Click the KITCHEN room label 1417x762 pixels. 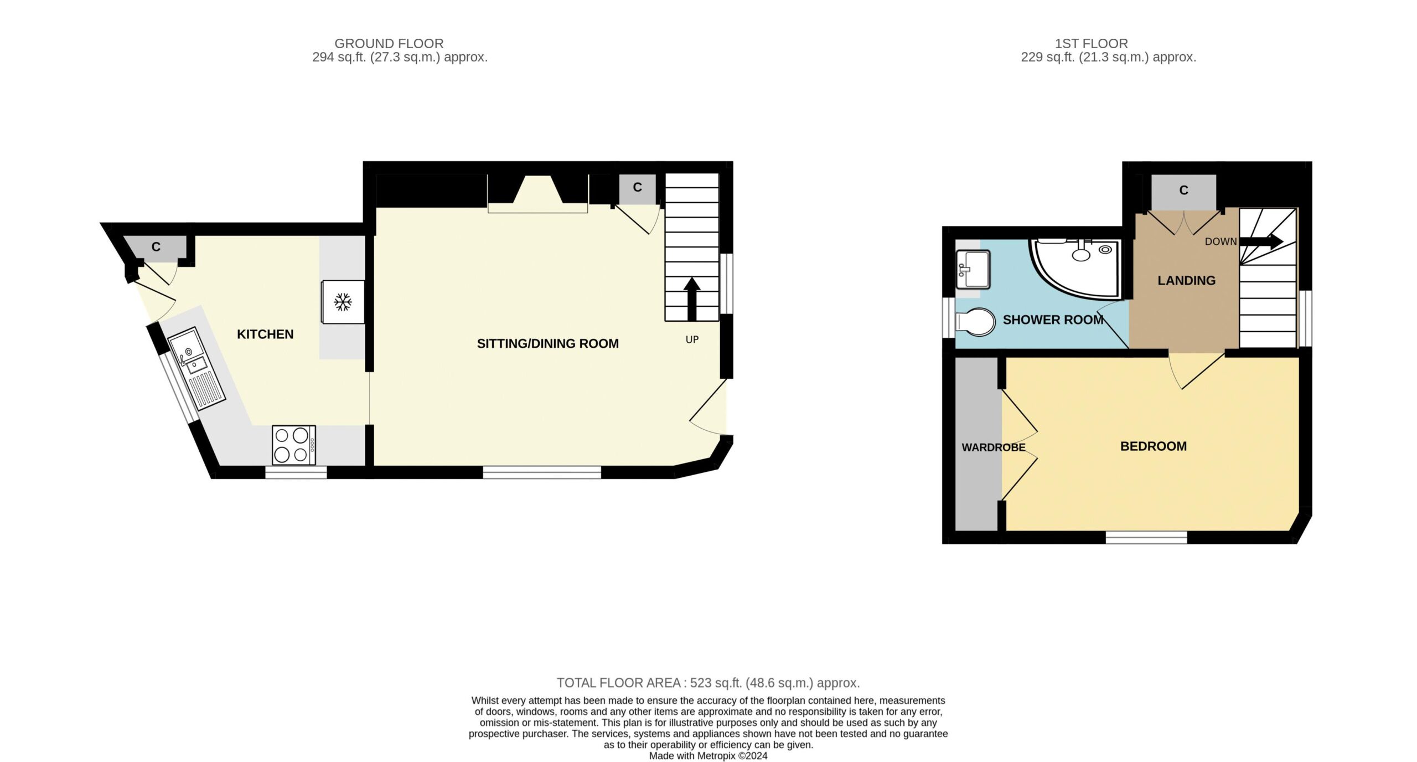click(x=265, y=334)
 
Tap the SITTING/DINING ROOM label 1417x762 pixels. click(x=548, y=343)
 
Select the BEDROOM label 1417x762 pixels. click(x=1154, y=446)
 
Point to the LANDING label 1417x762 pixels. click(x=1187, y=281)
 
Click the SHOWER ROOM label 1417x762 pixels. click(x=1053, y=320)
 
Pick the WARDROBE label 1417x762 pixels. click(x=994, y=447)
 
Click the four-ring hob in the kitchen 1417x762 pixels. click(x=294, y=445)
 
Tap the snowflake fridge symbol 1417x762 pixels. click(x=343, y=302)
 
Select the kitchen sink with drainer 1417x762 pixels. click(x=197, y=368)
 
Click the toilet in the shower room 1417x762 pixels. click(x=975, y=322)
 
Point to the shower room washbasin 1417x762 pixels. click(x=973, y=270)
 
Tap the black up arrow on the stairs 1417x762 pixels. click(x=692, y=299)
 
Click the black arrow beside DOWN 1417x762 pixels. click(x=1261, y=241)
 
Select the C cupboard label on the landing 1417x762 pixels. click(x=1184, y=190)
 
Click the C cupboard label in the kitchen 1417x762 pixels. click(x=156, y=247)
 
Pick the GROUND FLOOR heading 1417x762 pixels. click(x=389, y=44)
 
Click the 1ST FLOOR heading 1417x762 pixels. click(x=1092, y=44)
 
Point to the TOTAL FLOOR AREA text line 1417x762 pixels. click(x=708, y=683)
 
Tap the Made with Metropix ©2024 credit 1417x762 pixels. click(x=708, y=756)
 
